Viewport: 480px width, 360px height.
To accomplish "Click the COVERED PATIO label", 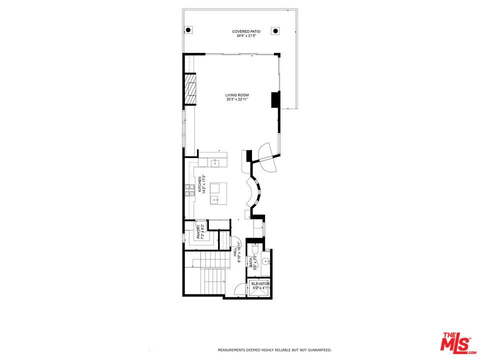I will coord(246,31).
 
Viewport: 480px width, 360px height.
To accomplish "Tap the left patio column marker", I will coord(188,30).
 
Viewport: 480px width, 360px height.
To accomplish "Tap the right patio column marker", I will coord(274,30).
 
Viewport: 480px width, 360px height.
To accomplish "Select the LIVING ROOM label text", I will coord(237,95).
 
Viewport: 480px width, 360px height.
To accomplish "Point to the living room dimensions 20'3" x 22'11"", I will coord(237,99).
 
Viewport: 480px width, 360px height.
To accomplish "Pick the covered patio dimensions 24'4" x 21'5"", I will coord(246,36).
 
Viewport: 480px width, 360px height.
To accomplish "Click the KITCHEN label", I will coord(199,184).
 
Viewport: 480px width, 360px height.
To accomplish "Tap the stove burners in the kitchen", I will coord(190,189).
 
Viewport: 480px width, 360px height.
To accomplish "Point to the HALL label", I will coord(235,252).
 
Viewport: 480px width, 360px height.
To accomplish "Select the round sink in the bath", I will coord(265,260).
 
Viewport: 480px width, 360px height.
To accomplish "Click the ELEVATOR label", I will coord(260,283).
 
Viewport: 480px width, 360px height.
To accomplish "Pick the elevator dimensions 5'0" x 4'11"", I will coord(260,288).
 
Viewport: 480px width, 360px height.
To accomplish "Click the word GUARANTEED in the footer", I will coord(318,350).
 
